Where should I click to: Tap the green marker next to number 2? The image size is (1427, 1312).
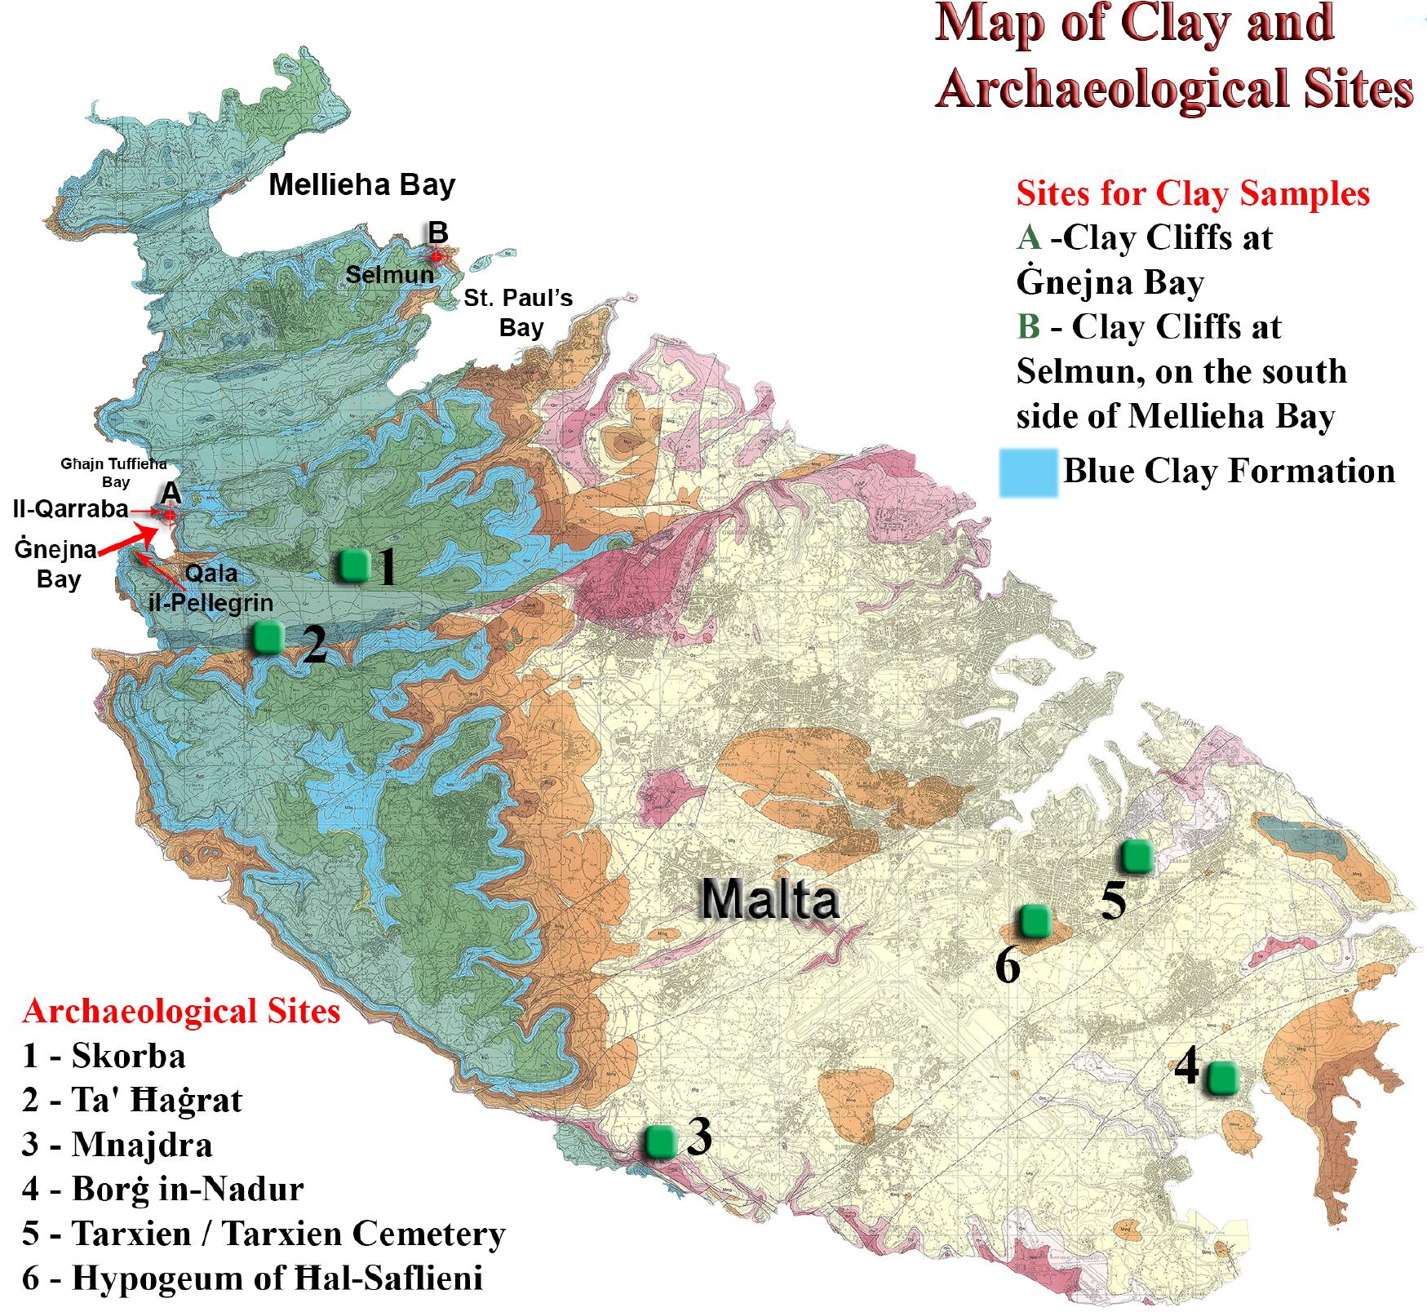[267, 636]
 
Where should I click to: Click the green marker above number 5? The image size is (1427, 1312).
[1136, 855]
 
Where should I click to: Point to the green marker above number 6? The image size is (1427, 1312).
[1035, 920]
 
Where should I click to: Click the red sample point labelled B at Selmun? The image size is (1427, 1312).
[436, 256]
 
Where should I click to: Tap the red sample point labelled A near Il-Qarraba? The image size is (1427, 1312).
[170, 515]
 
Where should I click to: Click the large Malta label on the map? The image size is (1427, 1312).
[769, 899]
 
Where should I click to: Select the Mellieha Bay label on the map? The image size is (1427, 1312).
[361, 184]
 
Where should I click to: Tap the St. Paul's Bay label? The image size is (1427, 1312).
[519, 312]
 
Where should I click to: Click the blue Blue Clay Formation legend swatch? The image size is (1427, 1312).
[1029, 472]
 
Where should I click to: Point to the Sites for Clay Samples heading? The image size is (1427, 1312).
[1192, 194]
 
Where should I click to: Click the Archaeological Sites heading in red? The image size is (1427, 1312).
[181, 1011]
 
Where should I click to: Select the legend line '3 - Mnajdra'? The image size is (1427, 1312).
[117, 1144]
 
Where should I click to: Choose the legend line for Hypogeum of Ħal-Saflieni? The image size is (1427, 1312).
[252, 1277]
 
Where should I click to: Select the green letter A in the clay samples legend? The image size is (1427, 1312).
[1028, 238]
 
